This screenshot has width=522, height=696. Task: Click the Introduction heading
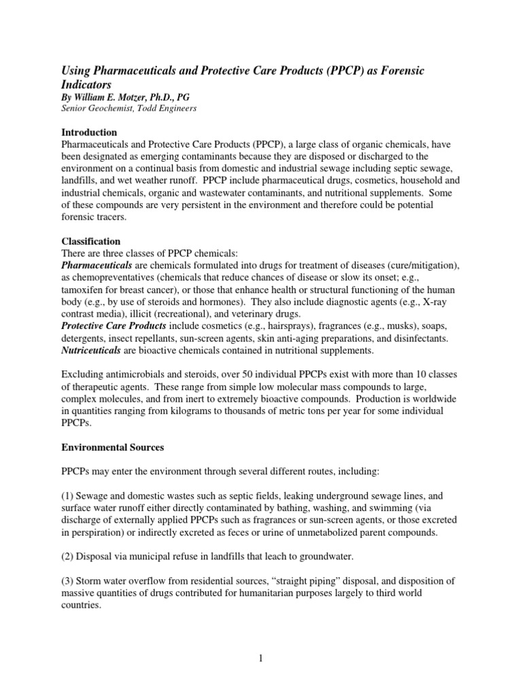click(x=90, y=132)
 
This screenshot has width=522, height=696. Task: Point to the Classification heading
click(x=91, y=241)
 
